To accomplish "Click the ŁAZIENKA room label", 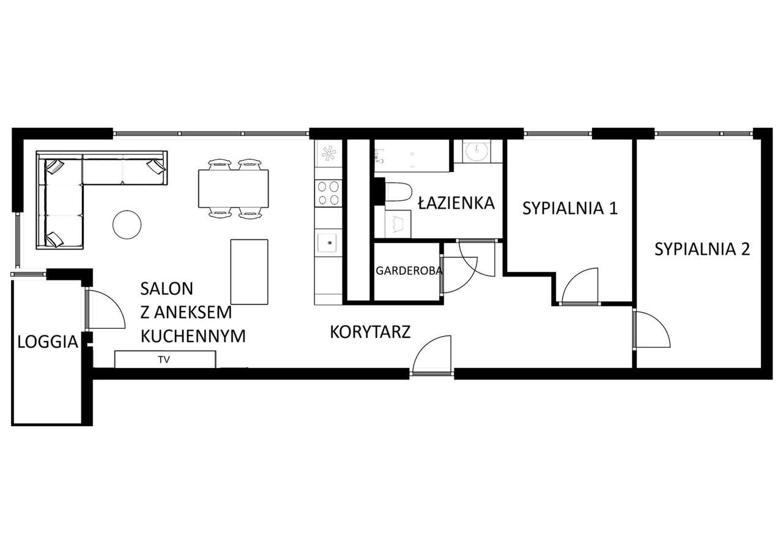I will pos(456,203).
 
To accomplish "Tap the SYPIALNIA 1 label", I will pos(570,208).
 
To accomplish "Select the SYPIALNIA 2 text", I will pos(702,249).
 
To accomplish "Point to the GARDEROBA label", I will pos(409,271).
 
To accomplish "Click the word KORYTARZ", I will pos(369,332).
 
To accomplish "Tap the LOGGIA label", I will pos(48,342).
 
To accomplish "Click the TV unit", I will pos(165,359).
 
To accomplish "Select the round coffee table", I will pos(127,225).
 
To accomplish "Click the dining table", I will pos(233,189).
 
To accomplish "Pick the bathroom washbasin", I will pos(477,150).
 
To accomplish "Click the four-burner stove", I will pos(328,193).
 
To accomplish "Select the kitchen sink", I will pos(327,242).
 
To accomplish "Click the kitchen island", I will pos(249,272).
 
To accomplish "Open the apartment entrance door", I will pos(432,355).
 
